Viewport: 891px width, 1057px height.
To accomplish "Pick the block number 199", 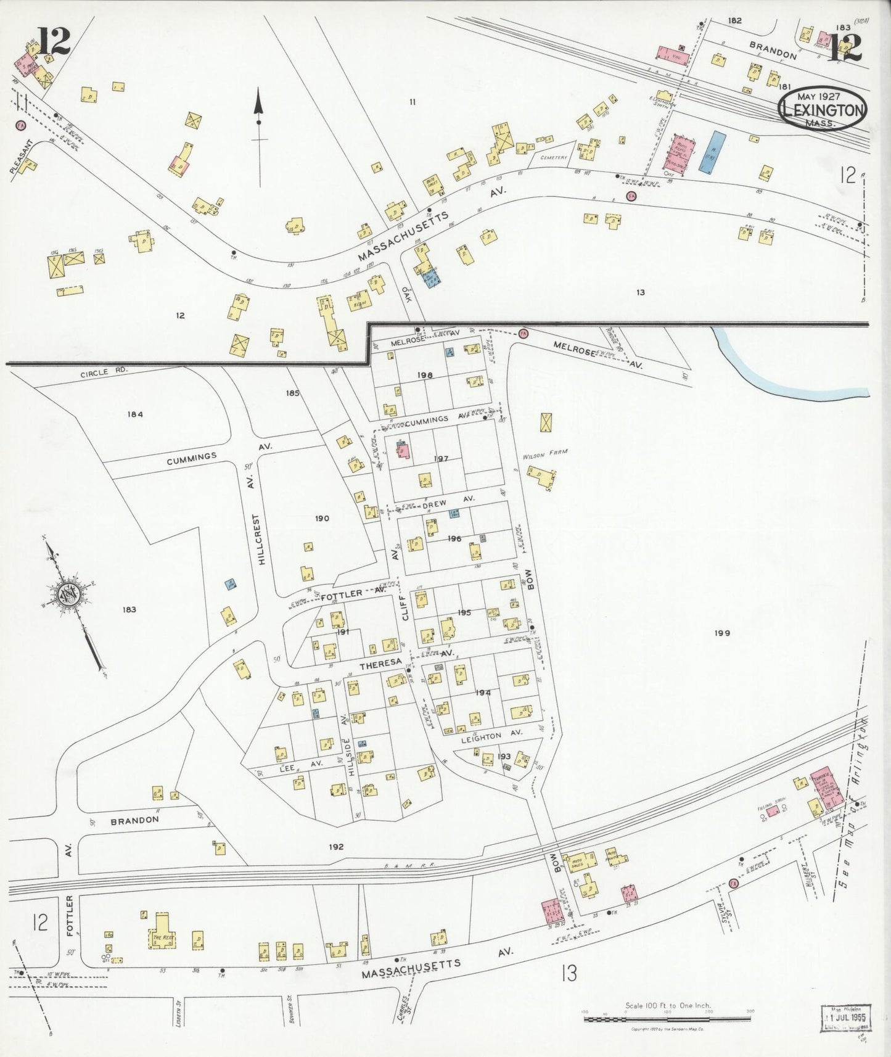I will click(722, 633).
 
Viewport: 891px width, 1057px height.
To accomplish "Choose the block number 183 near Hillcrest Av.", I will click(129, 609).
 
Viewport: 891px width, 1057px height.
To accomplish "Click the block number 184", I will click(135, 414).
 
